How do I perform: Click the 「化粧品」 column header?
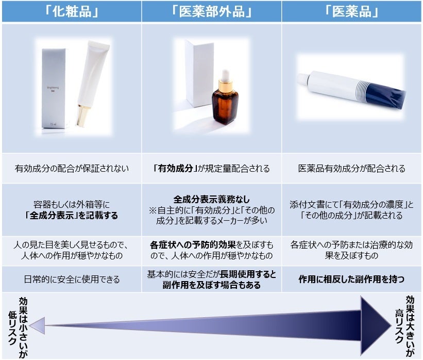point(71,11)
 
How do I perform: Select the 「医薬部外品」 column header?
point(212,11)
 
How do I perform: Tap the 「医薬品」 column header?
point(352,11)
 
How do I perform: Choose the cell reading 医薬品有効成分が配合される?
point(352,169)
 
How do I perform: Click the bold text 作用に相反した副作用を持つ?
point(352,280)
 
